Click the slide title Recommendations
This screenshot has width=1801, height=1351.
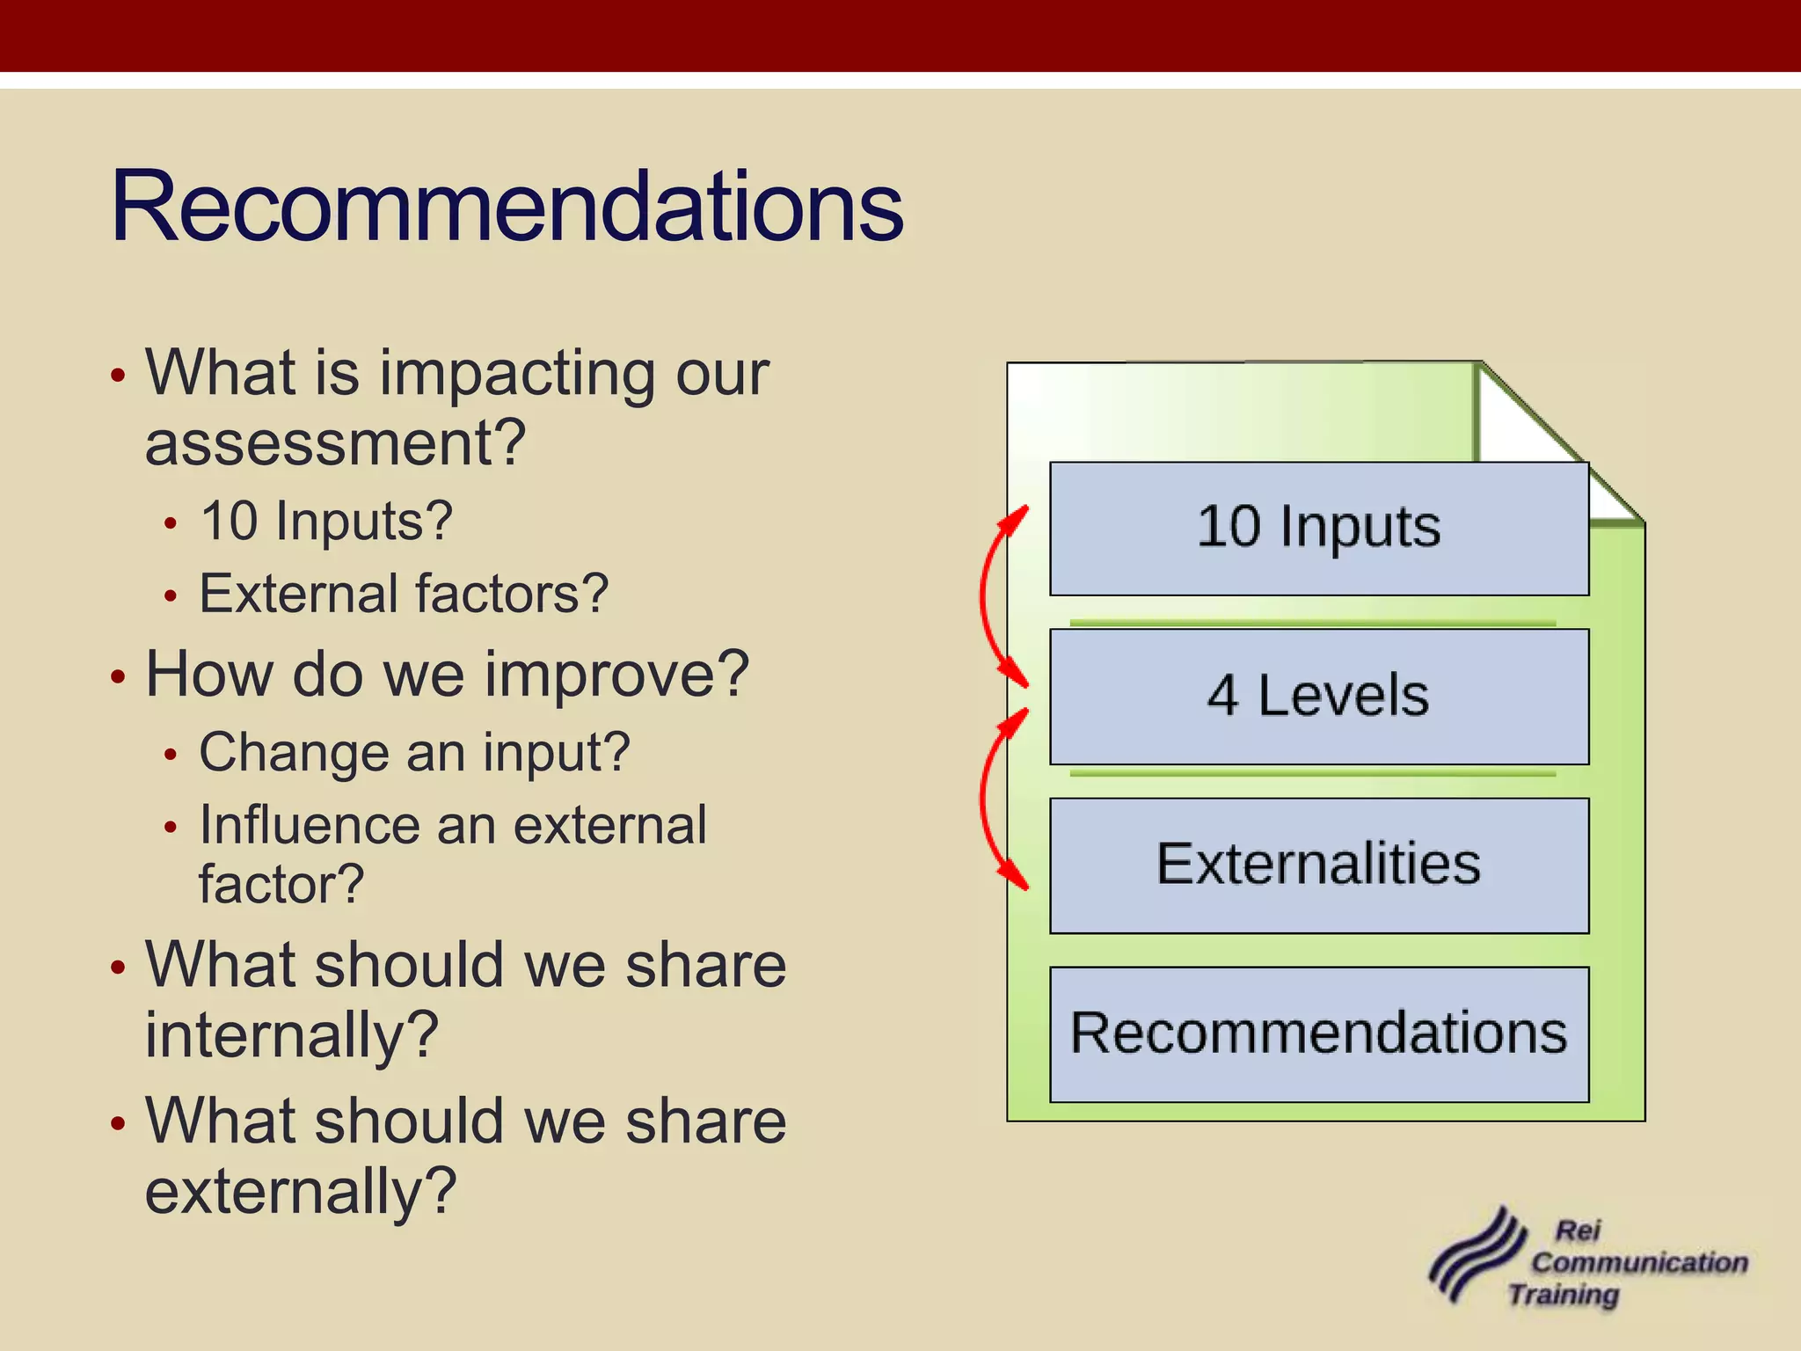pos(507,208)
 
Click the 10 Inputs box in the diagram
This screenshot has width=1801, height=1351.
pos(1318,528)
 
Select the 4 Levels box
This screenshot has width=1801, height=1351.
pos(1318,696)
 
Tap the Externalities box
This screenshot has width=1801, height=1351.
pos(1318,865)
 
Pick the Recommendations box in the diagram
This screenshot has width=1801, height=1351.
pos(1318,1033)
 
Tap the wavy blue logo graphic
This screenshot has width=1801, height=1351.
pos(1477,1258)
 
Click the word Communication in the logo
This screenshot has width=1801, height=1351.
pos(1638,1263)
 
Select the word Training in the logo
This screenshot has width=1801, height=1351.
pos(1564,1296)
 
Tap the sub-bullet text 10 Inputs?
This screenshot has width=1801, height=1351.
pos(325,522)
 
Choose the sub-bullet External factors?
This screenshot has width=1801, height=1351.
pos(403,594)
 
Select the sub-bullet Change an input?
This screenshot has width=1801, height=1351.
pos(413,753)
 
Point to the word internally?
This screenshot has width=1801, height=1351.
pos(291,1035)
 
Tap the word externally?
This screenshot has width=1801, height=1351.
pos(300,1192)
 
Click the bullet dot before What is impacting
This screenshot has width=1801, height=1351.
pos(119,376)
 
